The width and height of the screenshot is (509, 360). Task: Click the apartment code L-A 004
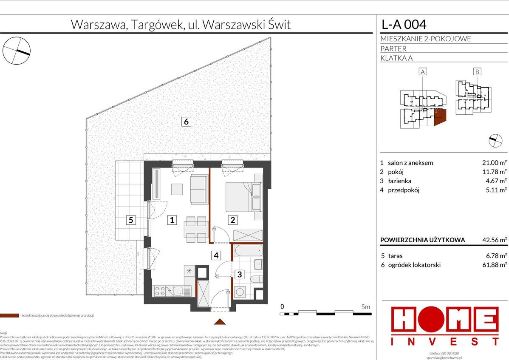404,24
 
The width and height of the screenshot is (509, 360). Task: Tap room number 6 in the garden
186,122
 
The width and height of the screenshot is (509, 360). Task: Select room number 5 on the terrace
131,220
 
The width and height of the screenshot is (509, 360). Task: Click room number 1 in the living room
172,220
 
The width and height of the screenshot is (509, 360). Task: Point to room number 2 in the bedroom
233,220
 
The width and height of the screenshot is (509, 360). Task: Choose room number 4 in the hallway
216,255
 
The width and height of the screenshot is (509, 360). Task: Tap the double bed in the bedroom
243,196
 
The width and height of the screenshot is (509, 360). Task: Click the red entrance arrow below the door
220,322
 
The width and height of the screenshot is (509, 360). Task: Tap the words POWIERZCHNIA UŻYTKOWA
423,240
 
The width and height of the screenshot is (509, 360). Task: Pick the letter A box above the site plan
423,72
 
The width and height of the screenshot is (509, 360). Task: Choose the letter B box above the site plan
477,72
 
